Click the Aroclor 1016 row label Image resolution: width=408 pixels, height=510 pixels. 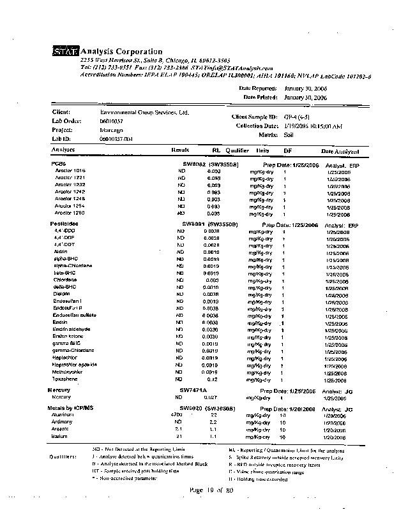[x=70, y=171]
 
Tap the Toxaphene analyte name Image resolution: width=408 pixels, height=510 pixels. [x=65, y=379]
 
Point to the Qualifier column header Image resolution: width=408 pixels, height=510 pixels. [x=236, y=151]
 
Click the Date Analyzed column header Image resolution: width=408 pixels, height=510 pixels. [x=339, y=151]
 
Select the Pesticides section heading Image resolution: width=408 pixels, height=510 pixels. [x=64, y=224]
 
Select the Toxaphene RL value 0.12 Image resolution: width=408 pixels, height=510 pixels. [x=215, y=379]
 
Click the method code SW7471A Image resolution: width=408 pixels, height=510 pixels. [x=193, y=390]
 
